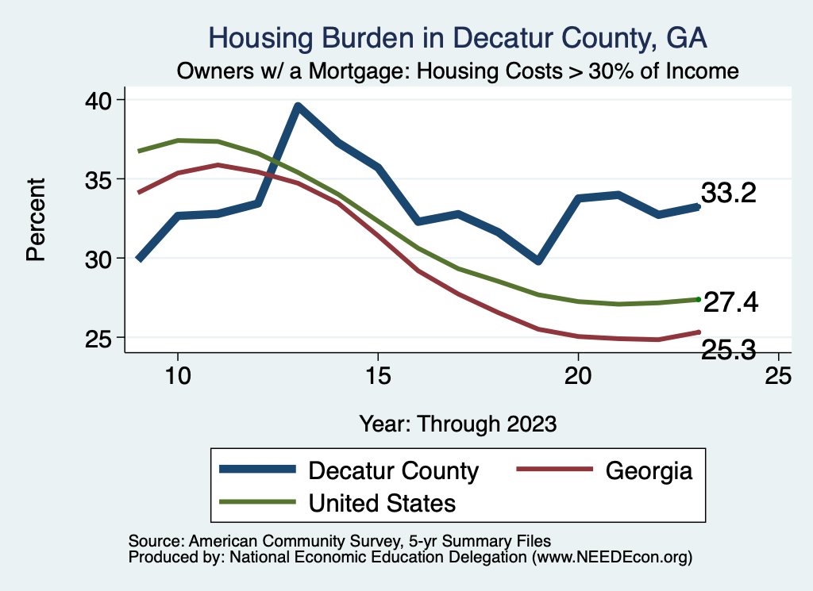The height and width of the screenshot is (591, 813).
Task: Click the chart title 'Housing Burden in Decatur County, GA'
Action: pyautogui.click(x=457, y=37)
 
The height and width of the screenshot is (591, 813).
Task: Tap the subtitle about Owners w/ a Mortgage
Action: pyautogui.click(x=458, y=71)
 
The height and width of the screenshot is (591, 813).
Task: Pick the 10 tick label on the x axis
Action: pyautogui.click(x=178, y=375)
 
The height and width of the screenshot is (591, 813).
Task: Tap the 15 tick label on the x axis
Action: pyautogui.click(x=378, y=375)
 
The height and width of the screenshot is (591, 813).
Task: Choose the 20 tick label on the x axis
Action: pyautogui.click(x=578, y=375)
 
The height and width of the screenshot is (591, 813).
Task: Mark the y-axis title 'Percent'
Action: pyautogui.click(x=35, y=219)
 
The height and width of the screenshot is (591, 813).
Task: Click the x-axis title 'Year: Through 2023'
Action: pyautogui.click(x=457, y=423)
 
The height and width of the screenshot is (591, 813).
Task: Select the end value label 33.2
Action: pyautogui.click(x=728, y=193)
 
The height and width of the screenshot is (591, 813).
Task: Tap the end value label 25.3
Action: pyautogui.click(x=728, y=348)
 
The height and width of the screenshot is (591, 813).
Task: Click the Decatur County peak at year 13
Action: pyautogui.click(x=298, y=106)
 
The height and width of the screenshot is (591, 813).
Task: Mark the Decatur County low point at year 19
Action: pyautogui.click(x=538, y=260)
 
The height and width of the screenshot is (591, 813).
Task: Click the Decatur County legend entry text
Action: pyautogui.click(x=393, y=470)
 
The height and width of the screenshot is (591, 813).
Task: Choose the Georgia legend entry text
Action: pyautogui.click(x=649, y=470)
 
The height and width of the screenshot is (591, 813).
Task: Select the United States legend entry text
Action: pyautogui.click(x=382, y=502)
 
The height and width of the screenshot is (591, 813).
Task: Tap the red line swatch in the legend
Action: pyautogui.click(x=555, y=470)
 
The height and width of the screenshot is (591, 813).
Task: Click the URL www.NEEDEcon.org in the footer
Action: pyautogui.click(x=611, y=558)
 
